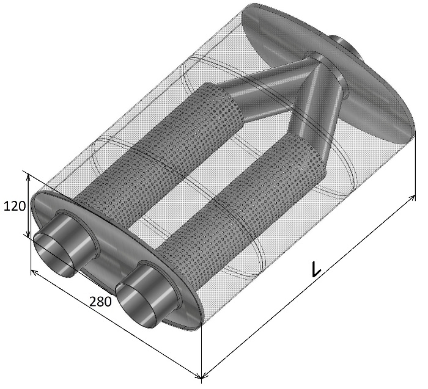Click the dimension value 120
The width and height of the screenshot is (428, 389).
tap(15, 206)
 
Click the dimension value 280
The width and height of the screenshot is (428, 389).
tap(100, 302)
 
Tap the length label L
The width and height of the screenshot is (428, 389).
tap(316, 269)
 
